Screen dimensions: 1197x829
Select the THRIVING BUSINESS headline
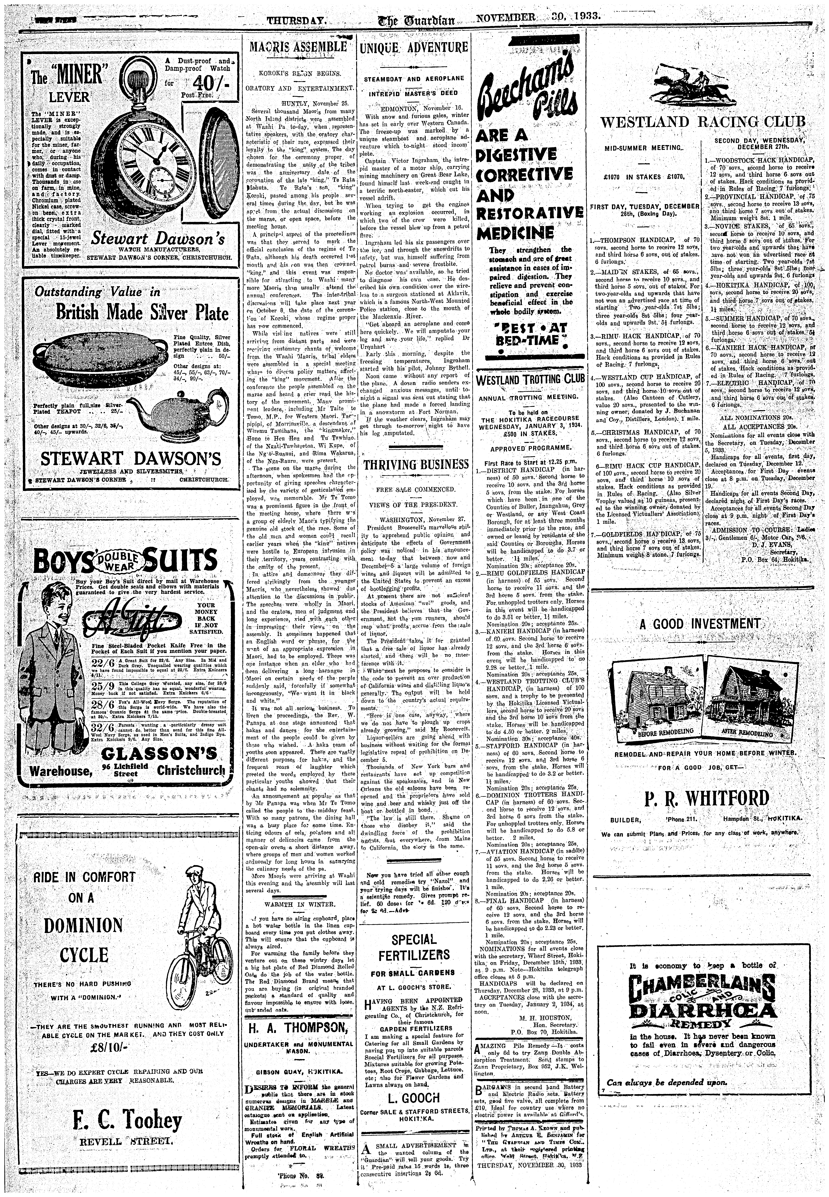pyautogui.click(x=416, y=464)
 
